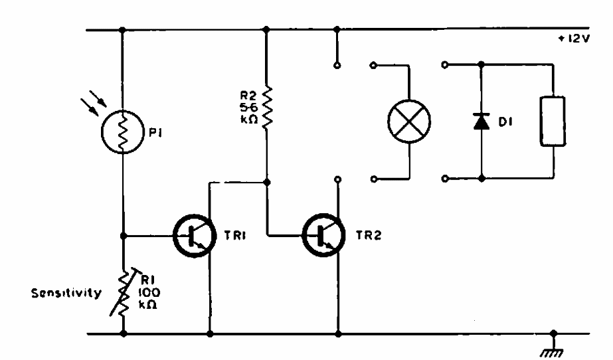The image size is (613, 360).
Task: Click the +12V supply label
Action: pos(574,39)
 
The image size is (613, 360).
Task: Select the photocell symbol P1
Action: pos(122,132)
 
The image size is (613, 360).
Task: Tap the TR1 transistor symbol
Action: pos(195,236)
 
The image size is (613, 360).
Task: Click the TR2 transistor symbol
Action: pos(323,235)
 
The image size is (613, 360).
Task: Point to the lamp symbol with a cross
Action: pos(409,121)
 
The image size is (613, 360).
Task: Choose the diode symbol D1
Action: pos(482,121)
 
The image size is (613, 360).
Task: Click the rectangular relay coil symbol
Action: pos(553,121)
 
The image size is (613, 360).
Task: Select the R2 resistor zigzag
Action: pos(267,107)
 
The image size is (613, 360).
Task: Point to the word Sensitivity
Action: pos(66,293)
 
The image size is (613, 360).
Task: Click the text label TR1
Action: pos(235,235)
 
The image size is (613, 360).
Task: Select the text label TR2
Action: pos(369,235)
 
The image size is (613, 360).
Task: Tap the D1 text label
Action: pos(505,122)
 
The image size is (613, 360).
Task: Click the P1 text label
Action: pos(155,133)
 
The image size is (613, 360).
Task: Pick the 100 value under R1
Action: pos(149,292)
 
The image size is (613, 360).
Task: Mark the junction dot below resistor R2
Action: pos(267,182)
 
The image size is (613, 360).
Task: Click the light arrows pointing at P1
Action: pos(94,103)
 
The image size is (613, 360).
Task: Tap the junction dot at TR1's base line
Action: pos(124,236)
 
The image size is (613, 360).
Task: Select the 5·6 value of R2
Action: pos(248,107)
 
